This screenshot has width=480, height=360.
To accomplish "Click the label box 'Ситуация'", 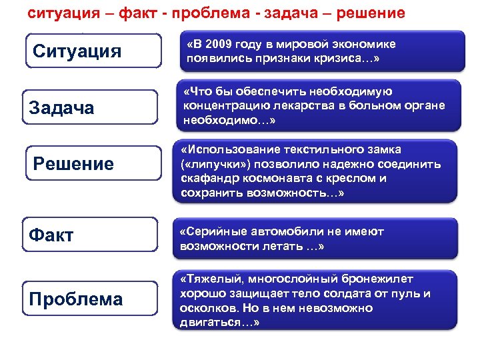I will (93, 51).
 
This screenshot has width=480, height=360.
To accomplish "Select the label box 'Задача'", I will (93, 107).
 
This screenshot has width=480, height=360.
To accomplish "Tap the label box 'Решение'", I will (93, 164).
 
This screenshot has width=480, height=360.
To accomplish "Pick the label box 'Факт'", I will (93, 235).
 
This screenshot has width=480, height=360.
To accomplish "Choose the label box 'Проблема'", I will (93, 299).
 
